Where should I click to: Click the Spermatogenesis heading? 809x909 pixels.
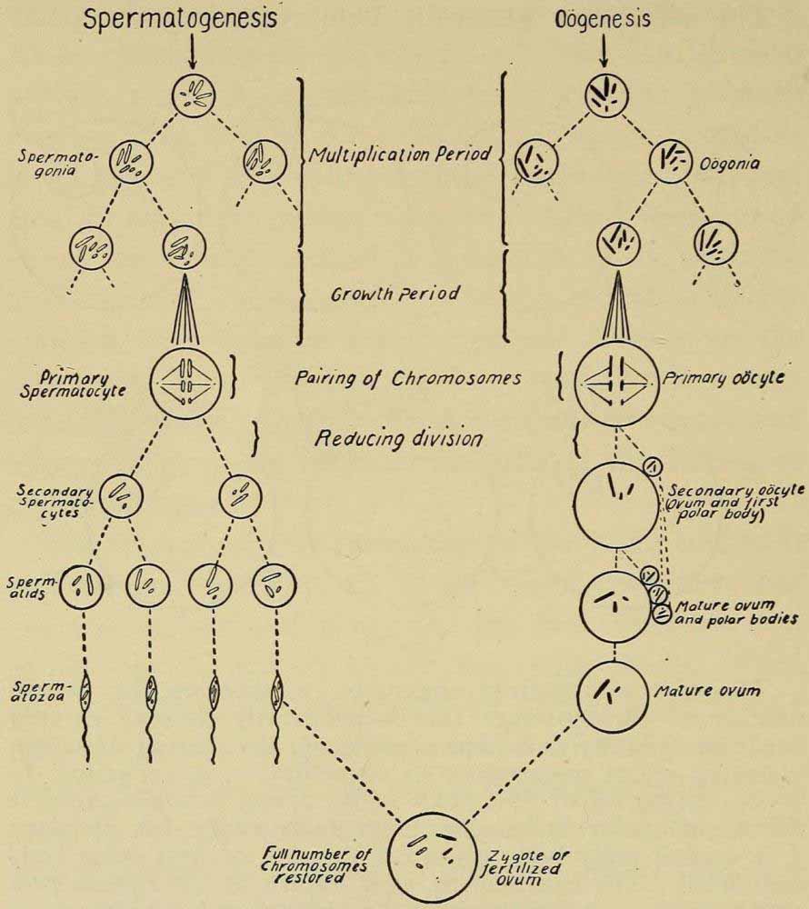[x=180, y=20]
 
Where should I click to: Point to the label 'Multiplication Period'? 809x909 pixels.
[x=399, y=155]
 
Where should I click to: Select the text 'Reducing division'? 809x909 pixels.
[x=397, y=438]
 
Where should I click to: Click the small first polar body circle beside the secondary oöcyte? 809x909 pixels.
[x=654, y=466]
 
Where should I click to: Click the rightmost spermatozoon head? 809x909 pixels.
[x=276, y=697]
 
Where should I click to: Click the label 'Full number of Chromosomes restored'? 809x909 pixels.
[x=315, y=866]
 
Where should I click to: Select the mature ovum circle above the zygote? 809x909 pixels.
[x=615, y=696]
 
